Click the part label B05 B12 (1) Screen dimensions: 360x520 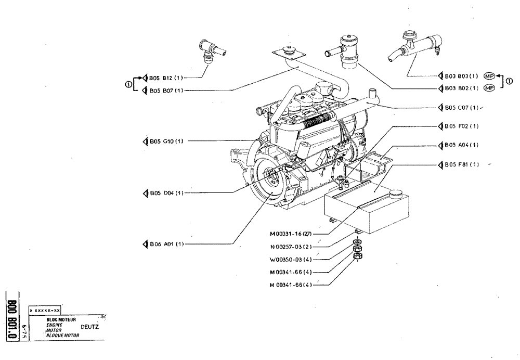coord(166,78)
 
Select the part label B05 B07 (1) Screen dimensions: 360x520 coord(166,90)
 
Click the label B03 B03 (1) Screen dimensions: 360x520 coord(461,75)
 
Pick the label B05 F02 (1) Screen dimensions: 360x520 coord(461,126)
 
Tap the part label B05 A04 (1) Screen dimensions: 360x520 coord(461,145)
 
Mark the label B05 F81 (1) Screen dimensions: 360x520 coord(461,165)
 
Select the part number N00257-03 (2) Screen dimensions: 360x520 coord(291,247)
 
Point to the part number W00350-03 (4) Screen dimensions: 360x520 coord(291,259)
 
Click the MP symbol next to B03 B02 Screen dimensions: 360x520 coord(489,88)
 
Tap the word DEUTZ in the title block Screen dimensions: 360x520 coord(90,327)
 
